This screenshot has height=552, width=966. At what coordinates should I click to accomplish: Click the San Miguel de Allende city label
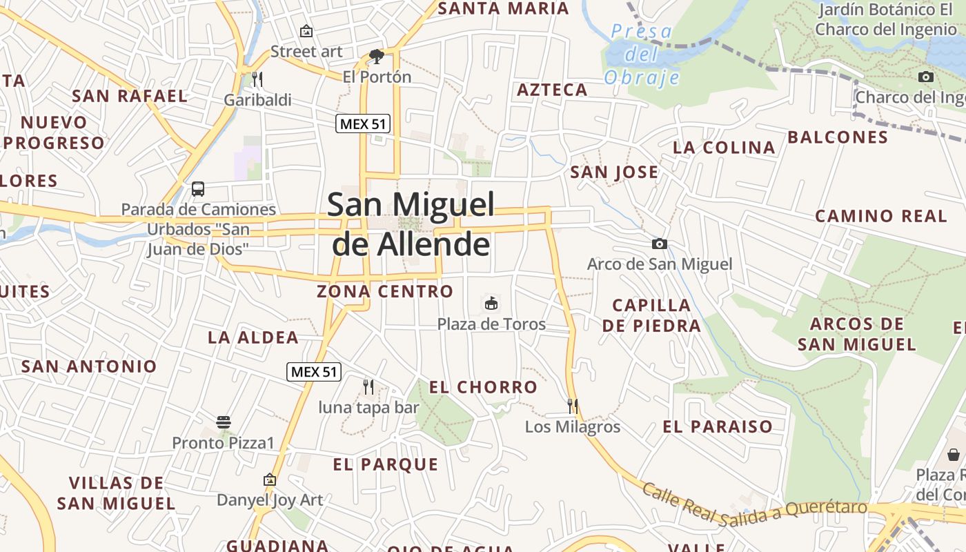click(411, 224)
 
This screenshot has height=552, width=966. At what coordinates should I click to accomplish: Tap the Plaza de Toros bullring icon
click(491, 303)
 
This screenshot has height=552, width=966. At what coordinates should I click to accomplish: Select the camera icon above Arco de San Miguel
click(660, 244)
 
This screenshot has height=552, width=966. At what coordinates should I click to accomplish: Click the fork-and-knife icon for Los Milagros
click(572, 406)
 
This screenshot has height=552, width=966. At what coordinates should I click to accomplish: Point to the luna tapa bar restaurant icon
click(368, 386)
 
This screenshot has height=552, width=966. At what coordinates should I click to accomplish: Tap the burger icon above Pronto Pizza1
click(223, 422)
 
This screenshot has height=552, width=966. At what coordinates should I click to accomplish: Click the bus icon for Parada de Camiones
click(198, 188)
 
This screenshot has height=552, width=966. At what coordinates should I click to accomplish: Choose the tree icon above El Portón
click(377, 56)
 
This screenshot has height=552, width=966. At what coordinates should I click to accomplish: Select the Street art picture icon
click(306, 31)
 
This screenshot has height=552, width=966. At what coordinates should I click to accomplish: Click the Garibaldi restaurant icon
click(257, 79)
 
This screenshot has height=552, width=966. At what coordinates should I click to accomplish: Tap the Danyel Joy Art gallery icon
click(270, 479)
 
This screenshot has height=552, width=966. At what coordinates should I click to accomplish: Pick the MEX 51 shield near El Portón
click(363, 124)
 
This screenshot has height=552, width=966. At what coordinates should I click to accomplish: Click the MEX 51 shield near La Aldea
click(314, 372)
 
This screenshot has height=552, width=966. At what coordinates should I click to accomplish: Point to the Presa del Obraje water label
click(642, 54)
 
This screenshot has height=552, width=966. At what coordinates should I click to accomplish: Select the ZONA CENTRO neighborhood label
click(385, 291)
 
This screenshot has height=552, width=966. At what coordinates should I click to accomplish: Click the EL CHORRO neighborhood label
click(483, 387)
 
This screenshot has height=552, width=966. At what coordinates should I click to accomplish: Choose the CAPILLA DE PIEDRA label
click(651, 315)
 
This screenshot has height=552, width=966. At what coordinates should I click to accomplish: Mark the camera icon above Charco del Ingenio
click(926, 77)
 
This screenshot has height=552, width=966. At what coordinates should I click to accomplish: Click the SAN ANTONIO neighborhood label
click(90, 366)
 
